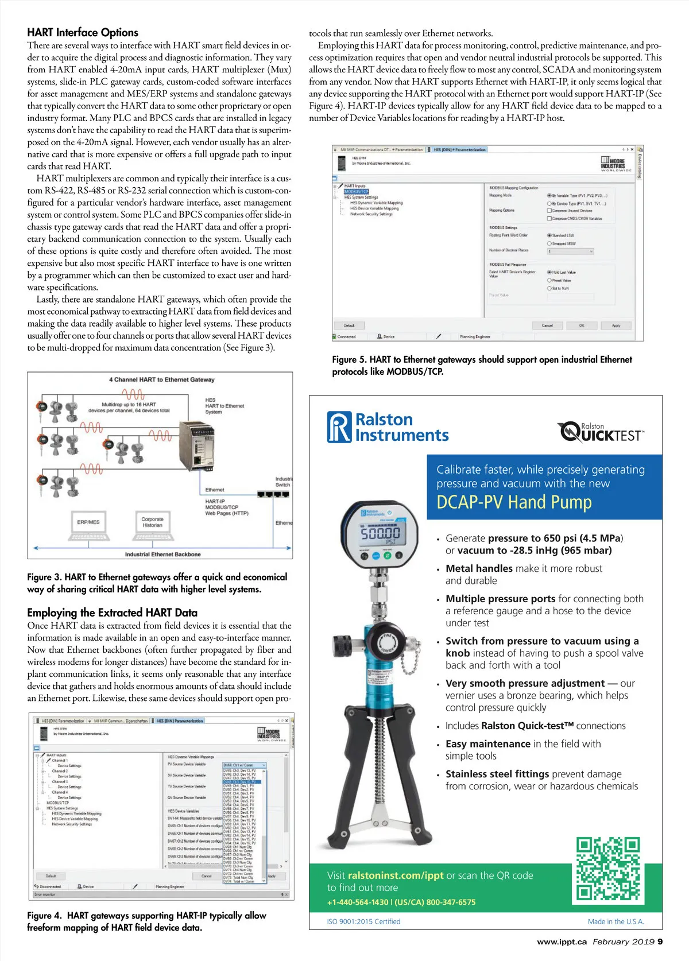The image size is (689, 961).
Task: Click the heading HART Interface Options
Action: tap(83, 33)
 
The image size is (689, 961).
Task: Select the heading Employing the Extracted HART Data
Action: tap(112, 613)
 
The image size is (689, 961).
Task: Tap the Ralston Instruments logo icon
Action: tap(339, 427)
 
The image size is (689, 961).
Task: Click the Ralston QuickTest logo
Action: tap(601, 432)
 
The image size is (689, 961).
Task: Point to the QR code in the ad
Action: tap(608, 869)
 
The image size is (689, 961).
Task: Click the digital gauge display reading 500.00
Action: tap(380, 535)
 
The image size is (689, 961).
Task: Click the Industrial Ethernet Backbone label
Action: tap(162, 555)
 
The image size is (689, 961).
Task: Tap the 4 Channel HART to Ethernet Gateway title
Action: tap(161, 379)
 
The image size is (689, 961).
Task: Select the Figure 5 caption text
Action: tap(482, 366)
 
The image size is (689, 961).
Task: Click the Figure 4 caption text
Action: tap(146, 921)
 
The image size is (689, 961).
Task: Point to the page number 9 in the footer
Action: tap(660, 941)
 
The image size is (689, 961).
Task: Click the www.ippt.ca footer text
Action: tap(562, 941)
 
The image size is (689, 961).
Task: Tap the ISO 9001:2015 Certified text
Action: tap(363, 921)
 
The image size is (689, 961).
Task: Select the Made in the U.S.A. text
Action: tap(616, 921)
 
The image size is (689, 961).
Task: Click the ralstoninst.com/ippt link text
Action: tap(396, 875)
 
